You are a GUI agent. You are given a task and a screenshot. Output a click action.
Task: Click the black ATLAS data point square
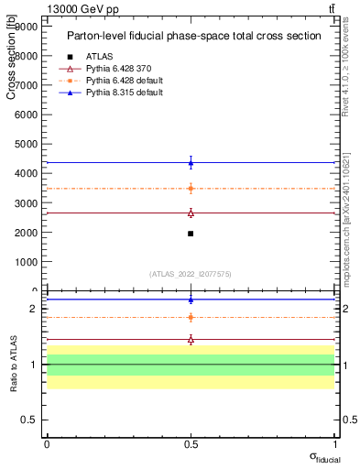(191, 234)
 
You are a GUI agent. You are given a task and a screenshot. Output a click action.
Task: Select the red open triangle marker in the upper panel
(191, 213)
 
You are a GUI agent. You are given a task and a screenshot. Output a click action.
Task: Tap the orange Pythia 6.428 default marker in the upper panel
(191, 189)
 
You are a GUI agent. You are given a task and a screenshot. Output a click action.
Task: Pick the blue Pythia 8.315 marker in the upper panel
(191, 163)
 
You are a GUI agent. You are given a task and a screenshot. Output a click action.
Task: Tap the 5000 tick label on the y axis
(27, 144)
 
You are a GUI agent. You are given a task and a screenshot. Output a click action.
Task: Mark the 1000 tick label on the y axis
(27, 261)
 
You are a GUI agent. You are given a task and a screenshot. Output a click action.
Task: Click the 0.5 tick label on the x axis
(191, 443)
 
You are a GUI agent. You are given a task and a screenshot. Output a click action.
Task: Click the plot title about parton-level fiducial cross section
(193, 36)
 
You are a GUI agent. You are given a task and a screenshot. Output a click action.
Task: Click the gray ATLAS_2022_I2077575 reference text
(190, 273)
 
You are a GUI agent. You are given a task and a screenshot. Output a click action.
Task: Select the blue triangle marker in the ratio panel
(191, 300)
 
